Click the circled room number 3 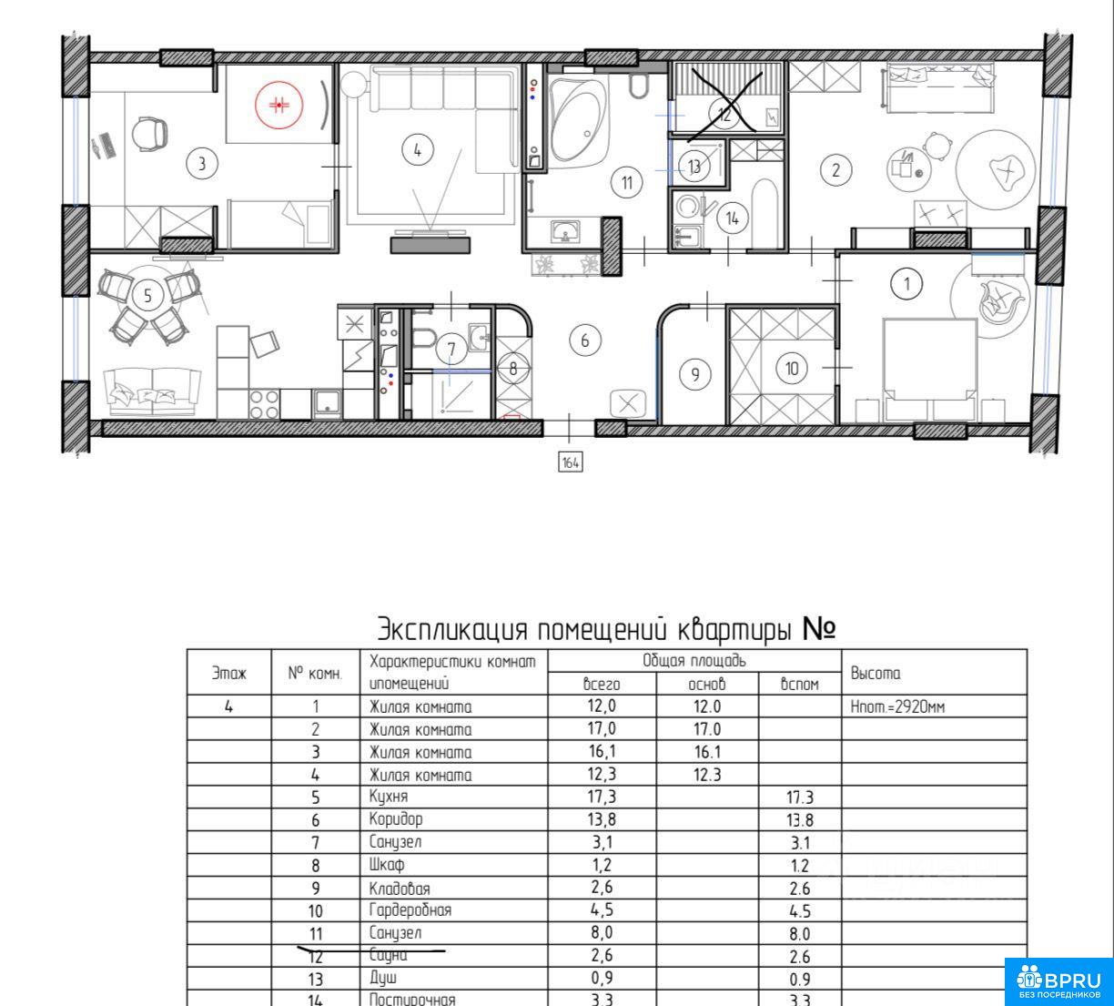(x=201, y=163)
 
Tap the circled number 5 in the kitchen (x=147, y=296)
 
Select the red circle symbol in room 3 (x=278, y=105)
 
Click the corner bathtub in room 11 (x=579, y=121)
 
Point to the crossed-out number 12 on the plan (x=724, y=114)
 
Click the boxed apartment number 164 (x=571, y=462)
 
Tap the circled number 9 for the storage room (x=695, y=374)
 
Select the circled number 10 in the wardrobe (x=792, y=369)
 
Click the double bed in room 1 (x=930, y=369)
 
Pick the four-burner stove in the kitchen (x=264, y=404)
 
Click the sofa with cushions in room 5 (x=152, y=391)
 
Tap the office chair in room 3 (x=149, y=134)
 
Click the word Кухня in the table (x=389, y=797)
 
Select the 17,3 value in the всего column (x=602, y=797)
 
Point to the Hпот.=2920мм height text (x=897, y=706)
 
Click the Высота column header (x=876, y=674)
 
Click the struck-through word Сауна (x=388, y=955)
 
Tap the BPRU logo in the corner (x=1059, y=982)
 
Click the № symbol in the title (x=819, y=629)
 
